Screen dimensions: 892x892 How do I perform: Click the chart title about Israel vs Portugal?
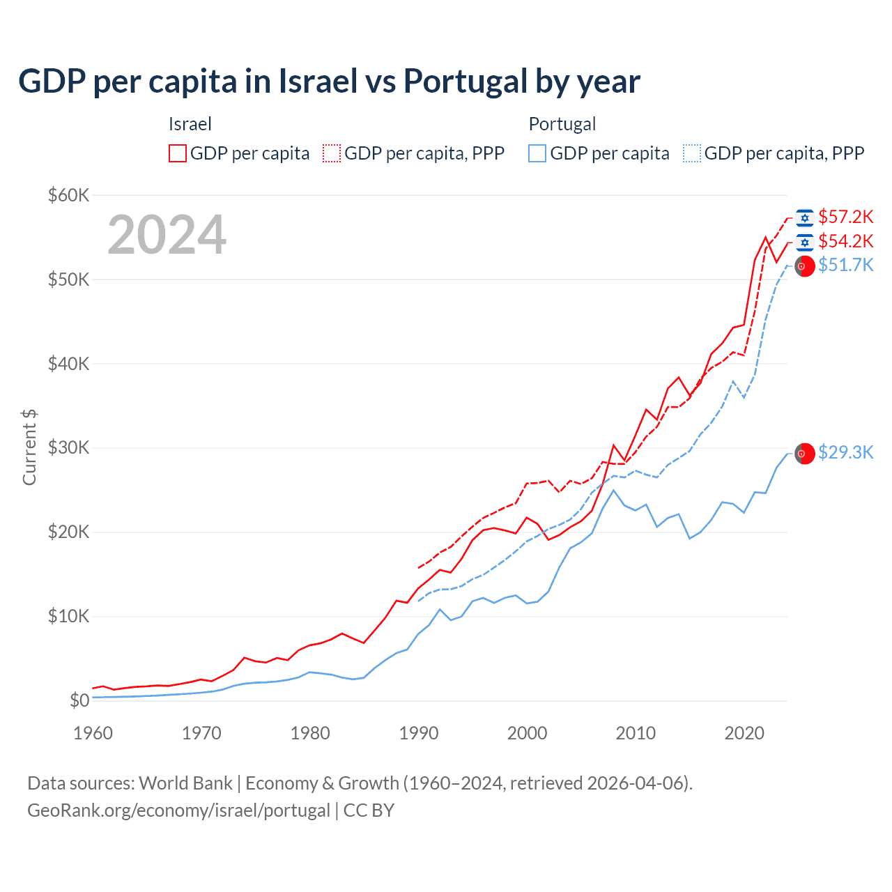[329, 82]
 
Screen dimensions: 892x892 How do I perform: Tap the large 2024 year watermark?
[167, 235]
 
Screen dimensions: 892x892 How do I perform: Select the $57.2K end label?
[845, 217]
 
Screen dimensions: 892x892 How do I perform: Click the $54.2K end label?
[845, 241]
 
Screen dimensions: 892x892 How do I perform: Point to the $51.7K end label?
[845, 266]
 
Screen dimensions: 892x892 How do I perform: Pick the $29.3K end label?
[845, 453]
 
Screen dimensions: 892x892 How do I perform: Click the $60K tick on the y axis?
[68, 195]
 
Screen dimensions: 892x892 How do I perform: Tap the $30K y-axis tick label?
[68, 448]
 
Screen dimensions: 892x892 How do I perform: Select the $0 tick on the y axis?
[79, 700]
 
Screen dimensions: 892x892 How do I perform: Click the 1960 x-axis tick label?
[93, 733]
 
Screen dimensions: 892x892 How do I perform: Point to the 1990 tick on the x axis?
[419, 733]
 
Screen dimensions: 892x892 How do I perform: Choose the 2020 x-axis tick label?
[744, 733]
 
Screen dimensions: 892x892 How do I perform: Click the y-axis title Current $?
[29, 447]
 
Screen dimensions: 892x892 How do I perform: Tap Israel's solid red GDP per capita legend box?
[178, 153]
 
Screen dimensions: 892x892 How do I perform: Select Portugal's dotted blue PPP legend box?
[692, 153]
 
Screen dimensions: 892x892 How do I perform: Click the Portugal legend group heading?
[562, 124]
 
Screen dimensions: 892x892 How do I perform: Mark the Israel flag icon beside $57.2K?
[805, 218]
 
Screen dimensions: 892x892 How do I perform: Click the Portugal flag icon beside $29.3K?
[805, 453]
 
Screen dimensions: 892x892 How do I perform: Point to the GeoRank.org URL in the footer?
[178, 810]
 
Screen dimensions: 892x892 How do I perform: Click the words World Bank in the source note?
[185, 783]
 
